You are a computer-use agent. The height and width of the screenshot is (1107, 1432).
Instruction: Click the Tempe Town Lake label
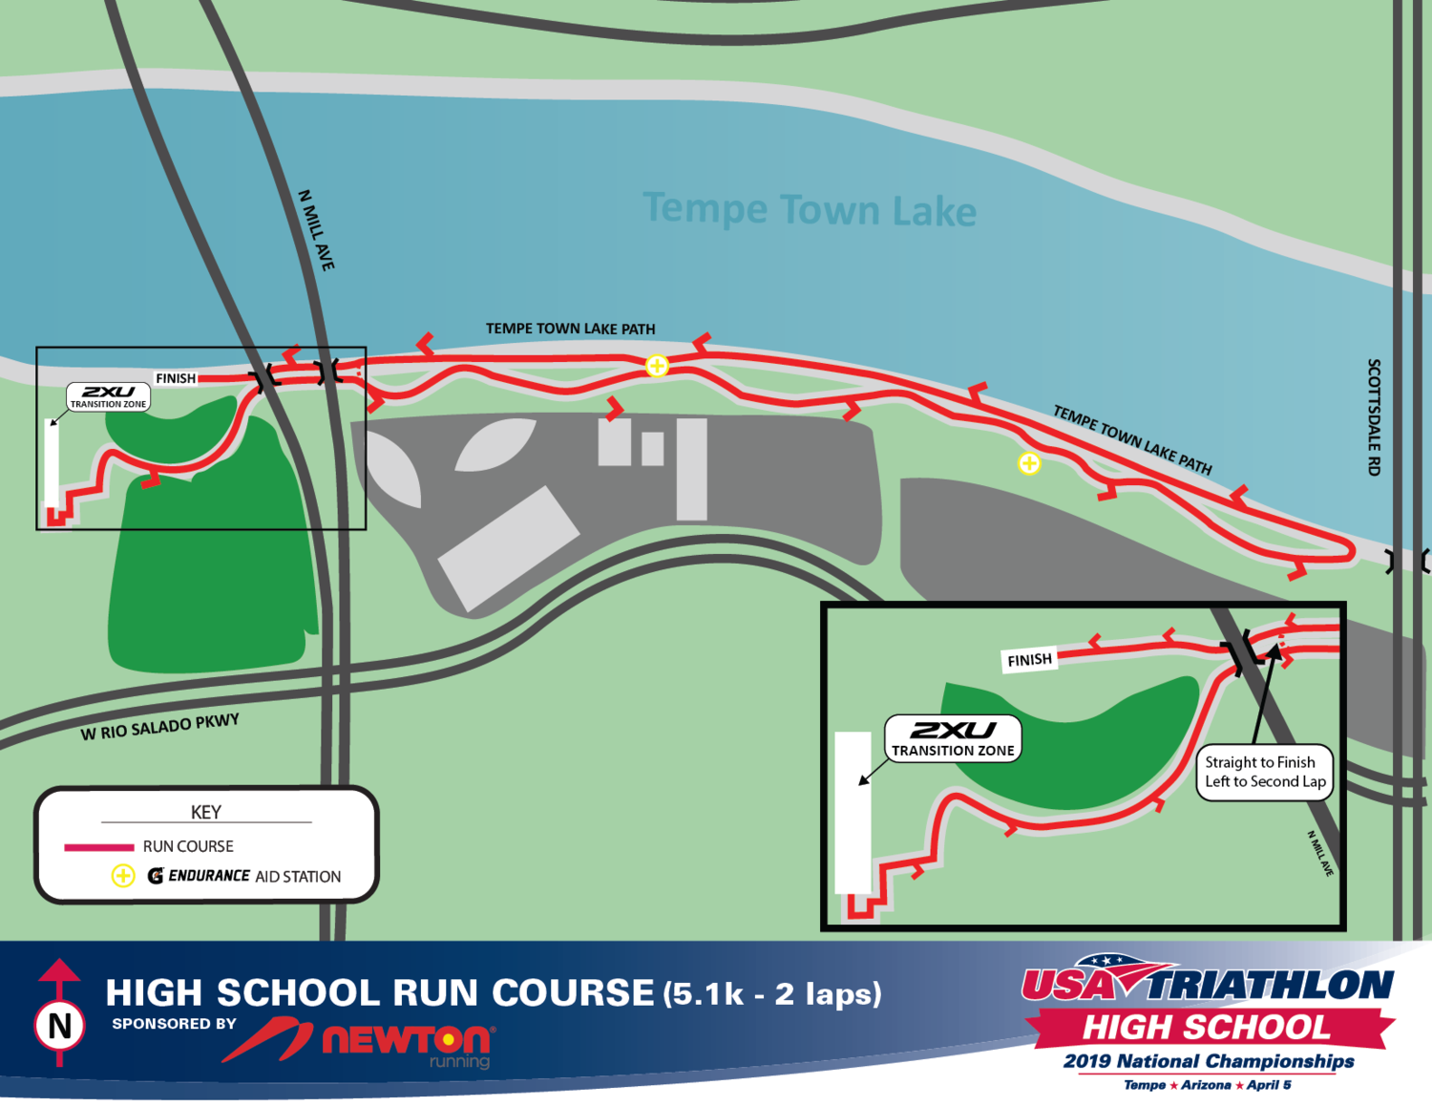(810, 209)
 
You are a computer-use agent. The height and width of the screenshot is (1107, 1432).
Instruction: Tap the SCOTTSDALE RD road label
(1374, 417)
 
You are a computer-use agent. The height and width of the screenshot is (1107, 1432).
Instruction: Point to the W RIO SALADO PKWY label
(159, 727)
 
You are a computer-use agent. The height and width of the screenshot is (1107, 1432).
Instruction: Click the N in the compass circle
(60, 1026)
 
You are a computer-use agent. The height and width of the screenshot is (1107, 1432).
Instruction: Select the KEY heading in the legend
(206, 812)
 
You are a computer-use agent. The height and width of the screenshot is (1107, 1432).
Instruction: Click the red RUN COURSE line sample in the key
(98, 847)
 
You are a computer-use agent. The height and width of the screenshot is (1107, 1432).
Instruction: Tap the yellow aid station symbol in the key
(123, 876)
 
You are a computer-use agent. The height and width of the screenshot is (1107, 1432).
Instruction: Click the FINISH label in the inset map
(1029, 660)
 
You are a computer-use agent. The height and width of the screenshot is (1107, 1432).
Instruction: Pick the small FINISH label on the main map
(176, 378)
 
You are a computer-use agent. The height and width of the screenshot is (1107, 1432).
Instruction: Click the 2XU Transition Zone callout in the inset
(953, 738)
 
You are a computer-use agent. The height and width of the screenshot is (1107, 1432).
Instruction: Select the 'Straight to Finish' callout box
(1264, 772)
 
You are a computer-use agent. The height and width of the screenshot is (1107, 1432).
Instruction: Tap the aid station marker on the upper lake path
(657, 365)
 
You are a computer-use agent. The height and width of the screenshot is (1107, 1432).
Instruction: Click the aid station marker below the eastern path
(1028, 463)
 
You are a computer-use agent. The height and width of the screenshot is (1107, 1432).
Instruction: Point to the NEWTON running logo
(406, 1041)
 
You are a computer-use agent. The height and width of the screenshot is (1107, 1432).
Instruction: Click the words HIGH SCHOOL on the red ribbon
(1206, 1028)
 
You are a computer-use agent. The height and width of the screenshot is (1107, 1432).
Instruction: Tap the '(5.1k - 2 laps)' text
(772, 994)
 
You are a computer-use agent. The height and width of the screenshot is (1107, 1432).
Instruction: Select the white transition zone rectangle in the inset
(853, 812)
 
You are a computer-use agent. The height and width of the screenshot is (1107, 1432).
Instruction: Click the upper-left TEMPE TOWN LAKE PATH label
(570, 329)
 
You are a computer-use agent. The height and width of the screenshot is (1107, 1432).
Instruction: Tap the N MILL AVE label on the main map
(317, 230)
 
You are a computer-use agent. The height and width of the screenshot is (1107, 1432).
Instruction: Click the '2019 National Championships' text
(1209, 1061)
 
